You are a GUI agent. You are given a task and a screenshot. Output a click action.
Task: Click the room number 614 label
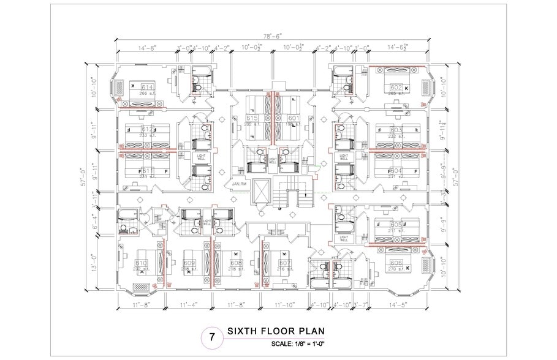(x=146, y=88)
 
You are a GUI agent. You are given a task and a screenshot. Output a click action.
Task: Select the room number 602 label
(x=396, y=88)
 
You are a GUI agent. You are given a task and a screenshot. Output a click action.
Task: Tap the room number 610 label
(x=141, y=263)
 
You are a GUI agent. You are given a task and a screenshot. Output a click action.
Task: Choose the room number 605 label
(x=396, y=225)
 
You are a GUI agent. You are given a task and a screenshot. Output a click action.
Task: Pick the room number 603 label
(x=396, y=130)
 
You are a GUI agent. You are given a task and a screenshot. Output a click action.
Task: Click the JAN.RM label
(x=238, y=183)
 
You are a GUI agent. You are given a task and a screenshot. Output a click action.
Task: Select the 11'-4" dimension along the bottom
(x=189, y=304)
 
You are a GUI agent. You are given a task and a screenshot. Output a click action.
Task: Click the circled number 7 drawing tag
(x=212, y=337)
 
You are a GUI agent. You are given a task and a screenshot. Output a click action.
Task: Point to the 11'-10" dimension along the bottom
(x=285, y=304)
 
